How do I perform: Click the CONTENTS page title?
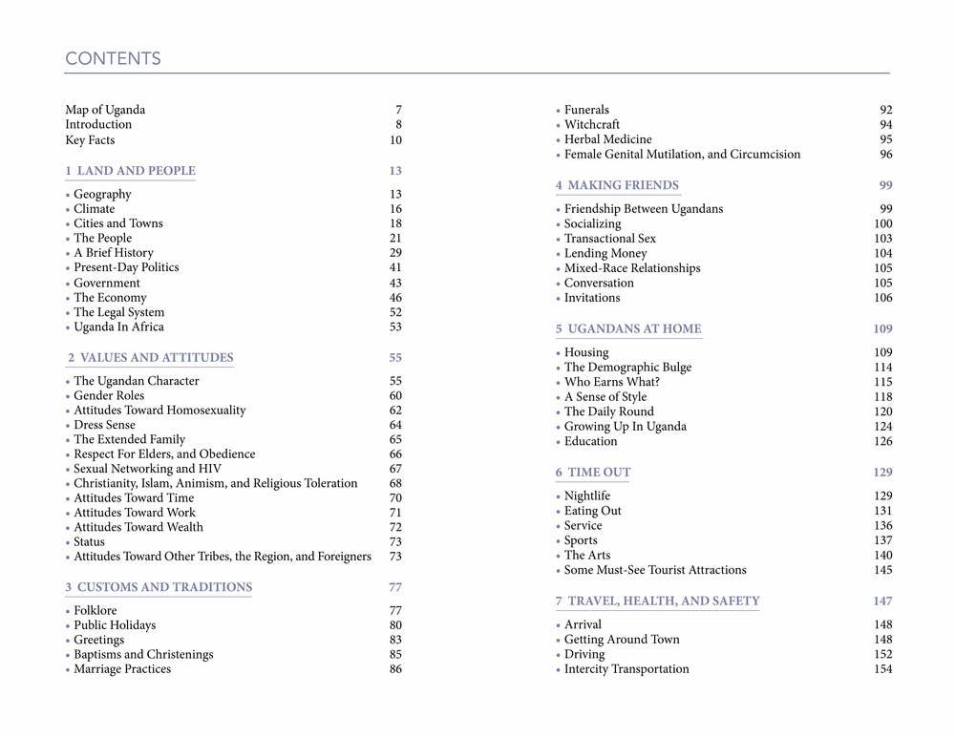point(113,59)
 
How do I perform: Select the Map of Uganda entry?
point(105,110)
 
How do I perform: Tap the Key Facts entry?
point(90,140)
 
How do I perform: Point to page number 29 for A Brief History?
point(395,253)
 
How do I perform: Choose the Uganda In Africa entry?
point(118,327)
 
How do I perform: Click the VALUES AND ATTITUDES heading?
point(150,358)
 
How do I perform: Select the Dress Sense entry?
point(104,425)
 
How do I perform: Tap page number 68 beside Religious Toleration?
point(395,484)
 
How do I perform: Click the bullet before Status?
point(68,542)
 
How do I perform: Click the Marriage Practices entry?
point(122,669)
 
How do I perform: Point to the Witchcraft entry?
point(591,125)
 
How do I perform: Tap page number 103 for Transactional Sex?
point(882,239)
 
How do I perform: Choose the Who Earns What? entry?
point(611,382)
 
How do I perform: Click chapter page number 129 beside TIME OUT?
point(882,473)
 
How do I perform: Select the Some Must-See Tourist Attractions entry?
point(655,570)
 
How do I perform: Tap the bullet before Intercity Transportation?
point(559,670)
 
